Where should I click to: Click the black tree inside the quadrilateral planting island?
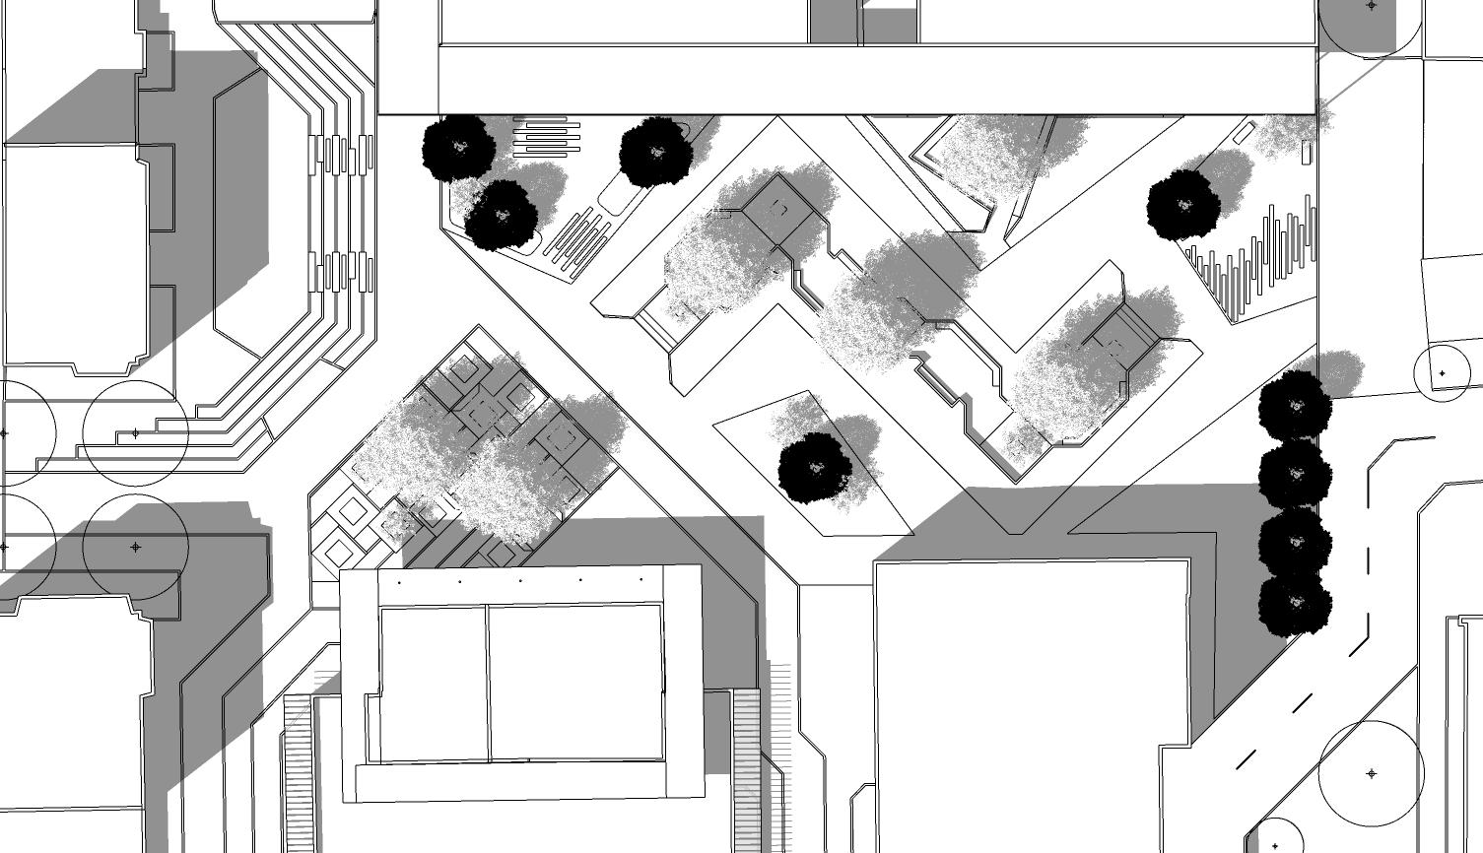(815, 468)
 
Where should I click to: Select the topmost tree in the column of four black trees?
(1295, 406)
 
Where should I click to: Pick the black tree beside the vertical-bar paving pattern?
(1183, 206)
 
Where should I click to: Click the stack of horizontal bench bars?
(546, 137)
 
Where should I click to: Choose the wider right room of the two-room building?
(574, 682)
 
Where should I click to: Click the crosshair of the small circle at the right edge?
(1443, 374)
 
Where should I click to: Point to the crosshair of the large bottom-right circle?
(1372, 773)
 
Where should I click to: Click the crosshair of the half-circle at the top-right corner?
(1372, 6)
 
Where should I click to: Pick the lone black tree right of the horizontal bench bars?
(656, 153)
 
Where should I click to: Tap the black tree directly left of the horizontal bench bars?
(458, 148)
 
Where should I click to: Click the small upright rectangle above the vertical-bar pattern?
(1307, 153)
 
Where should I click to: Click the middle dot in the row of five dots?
(520, 581)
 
